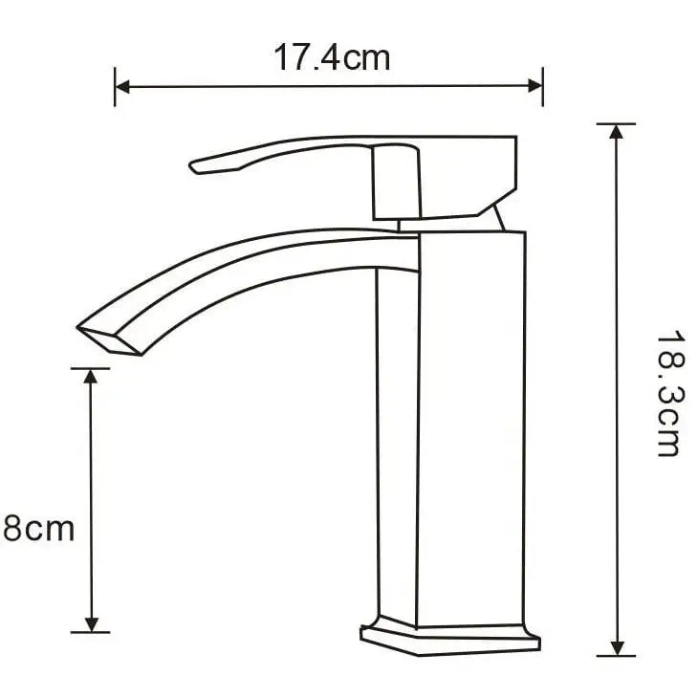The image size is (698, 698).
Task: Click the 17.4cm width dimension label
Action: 332,57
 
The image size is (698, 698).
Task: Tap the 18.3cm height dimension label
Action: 669,393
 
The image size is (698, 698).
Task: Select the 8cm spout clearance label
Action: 39,529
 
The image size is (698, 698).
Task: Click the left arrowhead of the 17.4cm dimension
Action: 122,87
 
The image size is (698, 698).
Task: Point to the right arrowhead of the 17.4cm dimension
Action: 535,85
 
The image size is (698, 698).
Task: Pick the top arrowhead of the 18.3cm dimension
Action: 616,132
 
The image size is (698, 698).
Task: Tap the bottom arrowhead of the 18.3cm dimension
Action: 617,648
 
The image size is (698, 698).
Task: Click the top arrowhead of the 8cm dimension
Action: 91,377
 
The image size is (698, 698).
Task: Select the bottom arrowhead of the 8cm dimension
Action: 91,624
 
